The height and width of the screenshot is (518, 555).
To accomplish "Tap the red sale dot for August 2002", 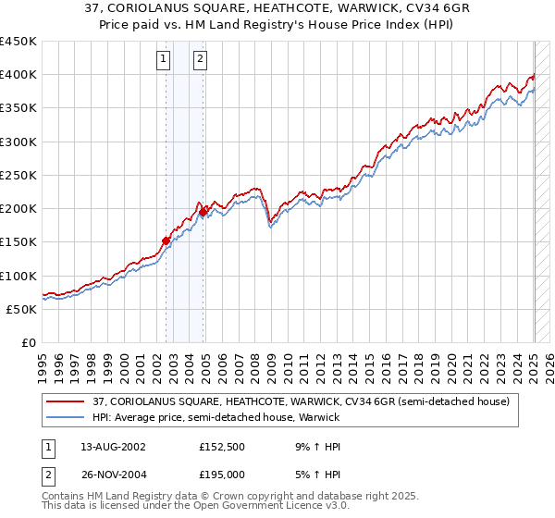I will (166, 240).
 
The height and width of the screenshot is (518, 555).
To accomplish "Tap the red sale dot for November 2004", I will (203, 212).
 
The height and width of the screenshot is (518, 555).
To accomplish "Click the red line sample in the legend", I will (66, 402).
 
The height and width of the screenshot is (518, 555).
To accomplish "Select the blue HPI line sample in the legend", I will (66, 417).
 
